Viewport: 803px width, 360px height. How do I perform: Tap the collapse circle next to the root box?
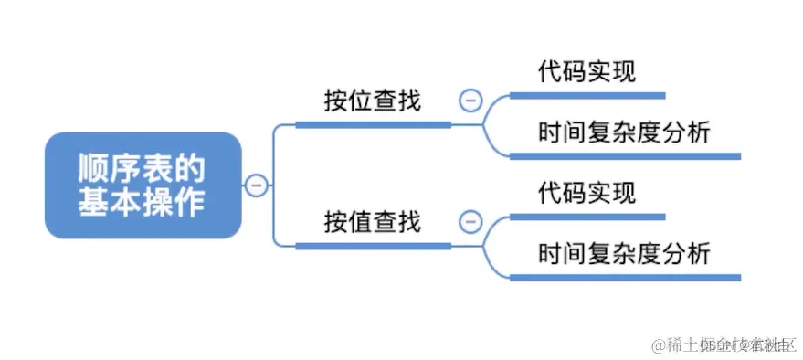pyautogui.click(x=257, y=185)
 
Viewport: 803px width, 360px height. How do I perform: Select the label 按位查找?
pyautogui.click(x=372, y=101)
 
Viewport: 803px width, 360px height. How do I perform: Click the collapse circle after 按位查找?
pyautogui.click(x=470, y=101)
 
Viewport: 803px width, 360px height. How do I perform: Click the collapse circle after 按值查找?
pyautogui.click(x=470, y=221)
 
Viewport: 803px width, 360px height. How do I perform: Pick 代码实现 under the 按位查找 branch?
pyautogui.click(x=586, y=71)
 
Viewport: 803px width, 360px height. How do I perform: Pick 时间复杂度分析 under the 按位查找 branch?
pyautogui.click(x=624, y=132)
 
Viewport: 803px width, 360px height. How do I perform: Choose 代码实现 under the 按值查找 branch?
pyautogui.click(x=586, y=193)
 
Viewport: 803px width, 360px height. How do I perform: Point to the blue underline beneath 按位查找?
pyautogui.click(x=374, y=124)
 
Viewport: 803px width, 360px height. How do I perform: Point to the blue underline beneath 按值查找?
pyautogui.click(x=374, y=245)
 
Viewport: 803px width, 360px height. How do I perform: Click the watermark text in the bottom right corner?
pyautogui.click(x=722, y=344)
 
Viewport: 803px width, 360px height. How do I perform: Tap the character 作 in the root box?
pyautogui.click(x=191, y=202)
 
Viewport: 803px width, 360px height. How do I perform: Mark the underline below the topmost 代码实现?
pyautogui.click(x=586, y=94)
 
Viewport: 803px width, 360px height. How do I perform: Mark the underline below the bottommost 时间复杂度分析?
pyautogui.click(x=624, y=277)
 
